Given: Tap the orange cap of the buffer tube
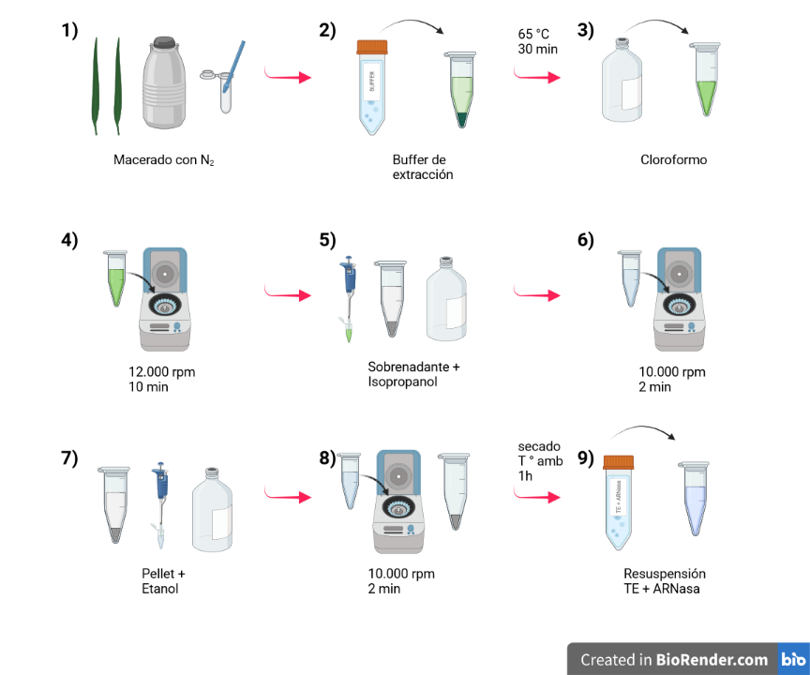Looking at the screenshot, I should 372,47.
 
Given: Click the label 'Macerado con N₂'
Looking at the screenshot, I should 162,160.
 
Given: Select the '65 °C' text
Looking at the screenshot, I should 533,35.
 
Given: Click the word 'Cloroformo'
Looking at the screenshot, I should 673,160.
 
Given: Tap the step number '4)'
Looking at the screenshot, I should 70,239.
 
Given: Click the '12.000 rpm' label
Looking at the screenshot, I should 161,371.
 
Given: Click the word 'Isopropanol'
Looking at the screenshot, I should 401,381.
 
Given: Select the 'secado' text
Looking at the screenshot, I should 538,446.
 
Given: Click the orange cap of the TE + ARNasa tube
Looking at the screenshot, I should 618,462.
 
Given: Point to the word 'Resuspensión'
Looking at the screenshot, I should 665,574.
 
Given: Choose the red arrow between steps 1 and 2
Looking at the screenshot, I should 287,76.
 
